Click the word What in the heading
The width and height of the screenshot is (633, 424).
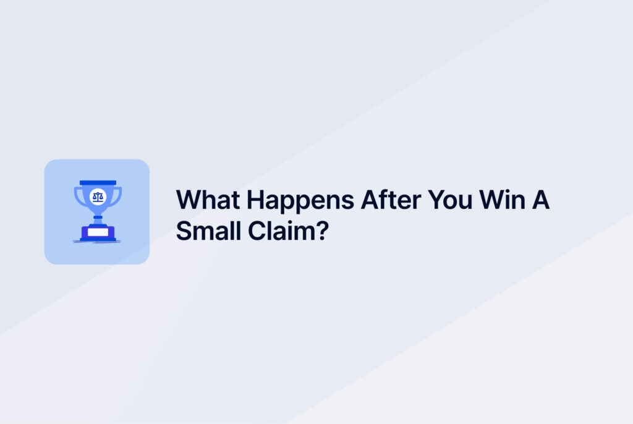[x=208, y=200]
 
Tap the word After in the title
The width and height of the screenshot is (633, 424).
[x=391, y=200]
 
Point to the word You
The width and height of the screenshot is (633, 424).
[x=450, y=200]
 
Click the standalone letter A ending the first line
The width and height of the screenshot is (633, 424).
[x=540, y=200]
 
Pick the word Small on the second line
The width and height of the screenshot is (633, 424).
[x=208, y=231]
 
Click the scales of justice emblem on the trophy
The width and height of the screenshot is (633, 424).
[x=98, y=197]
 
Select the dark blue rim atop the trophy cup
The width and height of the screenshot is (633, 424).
[x=98, y=183]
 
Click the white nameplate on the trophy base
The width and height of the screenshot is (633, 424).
[x=98, y=232]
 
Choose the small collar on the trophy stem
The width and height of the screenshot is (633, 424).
[x=98, y=217]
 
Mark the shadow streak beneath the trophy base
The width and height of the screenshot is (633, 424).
[x=97, y=242]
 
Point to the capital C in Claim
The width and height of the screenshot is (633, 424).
[x=258, y=231]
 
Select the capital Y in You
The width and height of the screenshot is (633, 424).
[x=437, y=200]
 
